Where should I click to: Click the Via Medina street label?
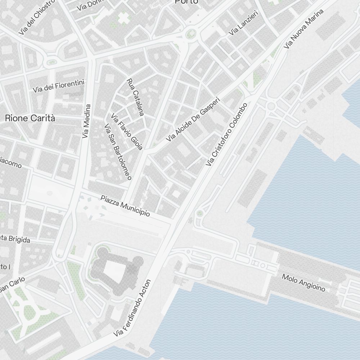pyautogui.click(x=86, y=121)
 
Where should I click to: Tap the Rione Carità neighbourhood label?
pyautogui.click(x=30, y=118)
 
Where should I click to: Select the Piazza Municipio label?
pyautogui.click(x=125, y=206)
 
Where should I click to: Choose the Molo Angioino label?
pyautogui.click(x=303, y=283)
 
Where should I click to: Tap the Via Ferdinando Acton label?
pyautogui.click(x=132, y=309)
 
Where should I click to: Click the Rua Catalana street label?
pyautogui.click(x=135, y=97)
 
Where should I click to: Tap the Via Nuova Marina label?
pyautogui.click(x=303, y=29)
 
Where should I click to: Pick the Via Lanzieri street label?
pyautogui.click(x=244, y=25)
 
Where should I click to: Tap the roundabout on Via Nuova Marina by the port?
pyautogui.click(x=271, y=105)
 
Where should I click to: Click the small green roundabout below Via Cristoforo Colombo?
pyautogui.click(x=200, y=214)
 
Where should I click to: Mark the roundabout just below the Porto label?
pyautogui.click(x=190, y=35)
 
